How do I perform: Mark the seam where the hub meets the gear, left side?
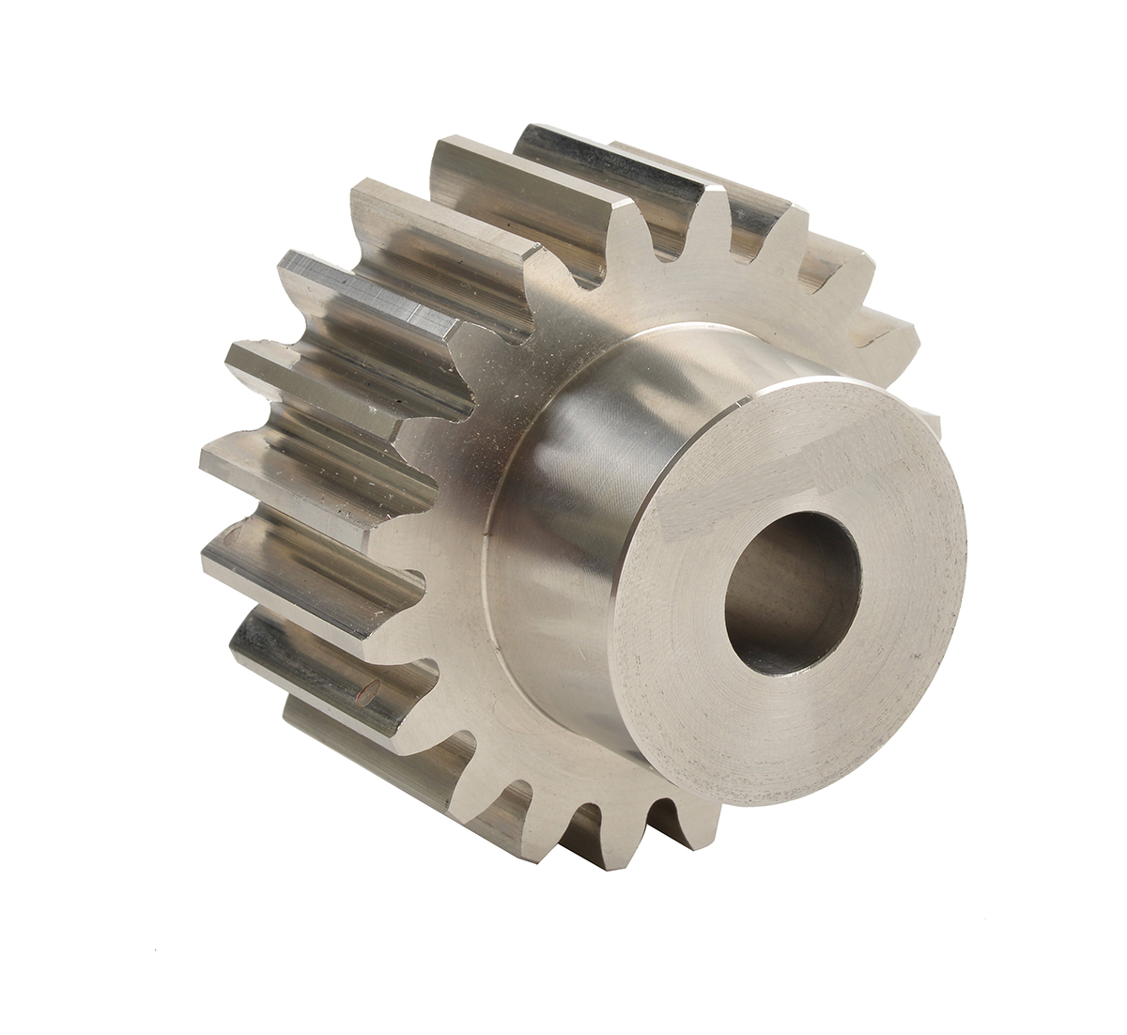pyautogui.click(x=488, y=564)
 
